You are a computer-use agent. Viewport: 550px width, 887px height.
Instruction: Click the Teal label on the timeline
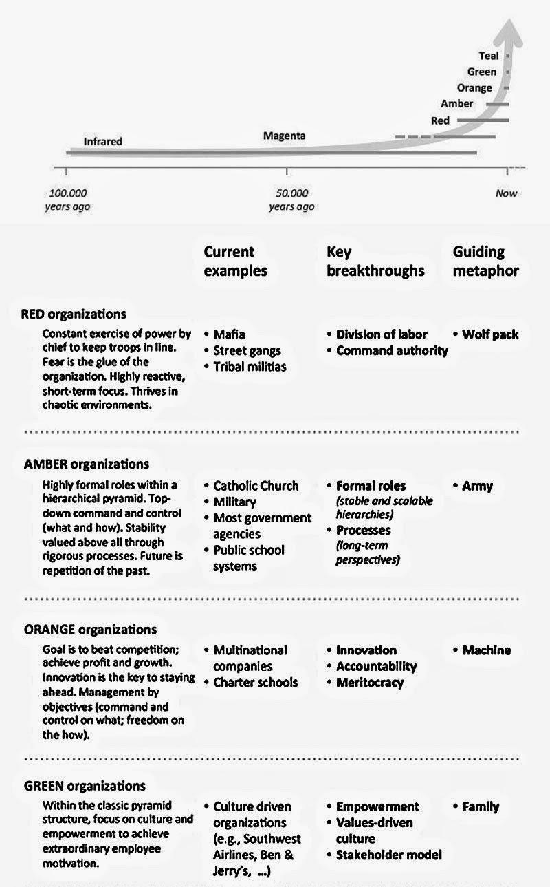[489, 56]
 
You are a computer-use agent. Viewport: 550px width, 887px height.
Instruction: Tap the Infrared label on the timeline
[103, 142]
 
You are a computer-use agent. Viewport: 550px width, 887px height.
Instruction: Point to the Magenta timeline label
[284, 136]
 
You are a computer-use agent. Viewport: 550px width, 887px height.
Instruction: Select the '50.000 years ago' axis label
[291, 200]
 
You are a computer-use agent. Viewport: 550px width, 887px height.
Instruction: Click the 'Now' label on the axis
[506, 193]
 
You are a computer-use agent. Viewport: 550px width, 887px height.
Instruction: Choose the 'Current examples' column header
[235, 261]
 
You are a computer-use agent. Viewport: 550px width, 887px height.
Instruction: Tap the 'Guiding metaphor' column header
[485, 261]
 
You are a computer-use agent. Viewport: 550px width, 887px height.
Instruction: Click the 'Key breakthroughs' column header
[375, 261]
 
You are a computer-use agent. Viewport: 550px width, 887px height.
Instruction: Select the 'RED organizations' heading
[74, 314]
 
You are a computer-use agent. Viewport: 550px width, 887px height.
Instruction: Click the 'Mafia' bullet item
[229, 334]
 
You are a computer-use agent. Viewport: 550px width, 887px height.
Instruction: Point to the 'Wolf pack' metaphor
[490, 334]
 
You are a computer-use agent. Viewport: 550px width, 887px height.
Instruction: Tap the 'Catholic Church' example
[256, 486]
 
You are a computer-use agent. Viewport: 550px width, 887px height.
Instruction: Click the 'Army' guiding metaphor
[477, 486]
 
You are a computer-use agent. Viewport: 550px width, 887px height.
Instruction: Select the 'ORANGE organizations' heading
[90, 630]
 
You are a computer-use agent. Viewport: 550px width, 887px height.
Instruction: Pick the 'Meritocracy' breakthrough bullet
[370, 683]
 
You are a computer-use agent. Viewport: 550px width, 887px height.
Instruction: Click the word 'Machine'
[486, 650]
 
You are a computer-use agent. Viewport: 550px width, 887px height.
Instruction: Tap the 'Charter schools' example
[255, 683]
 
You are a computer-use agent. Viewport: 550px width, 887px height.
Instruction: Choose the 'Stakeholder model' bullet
[388, 855]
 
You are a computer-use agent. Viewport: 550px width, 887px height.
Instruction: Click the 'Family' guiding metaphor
[481, 806]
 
